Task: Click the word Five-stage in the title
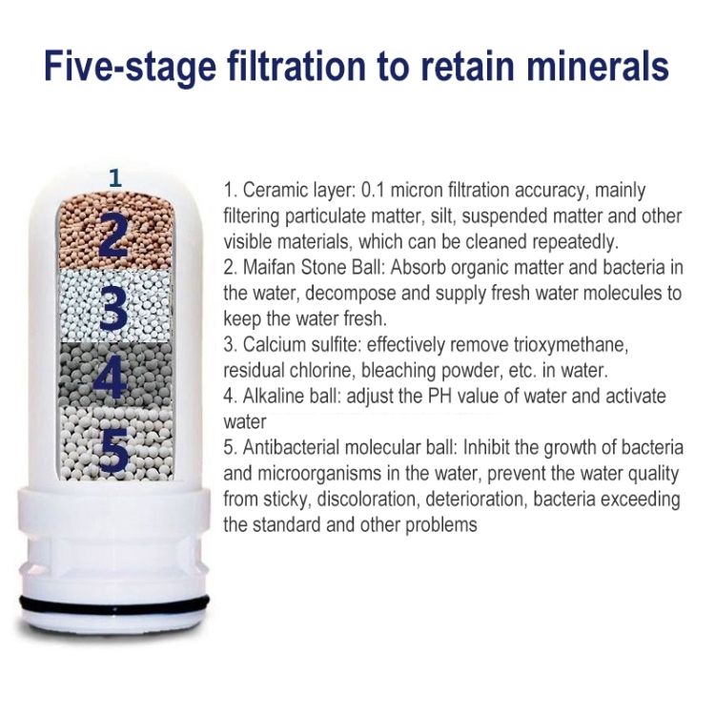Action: [x=130, y=67]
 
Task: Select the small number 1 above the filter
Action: [x=115, y=178]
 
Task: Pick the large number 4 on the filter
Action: [x=112, y=376]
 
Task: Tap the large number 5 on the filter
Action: [x=113, y=449]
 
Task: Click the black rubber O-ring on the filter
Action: [x=115, y=603]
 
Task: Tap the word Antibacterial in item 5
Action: [x=291, y=448]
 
